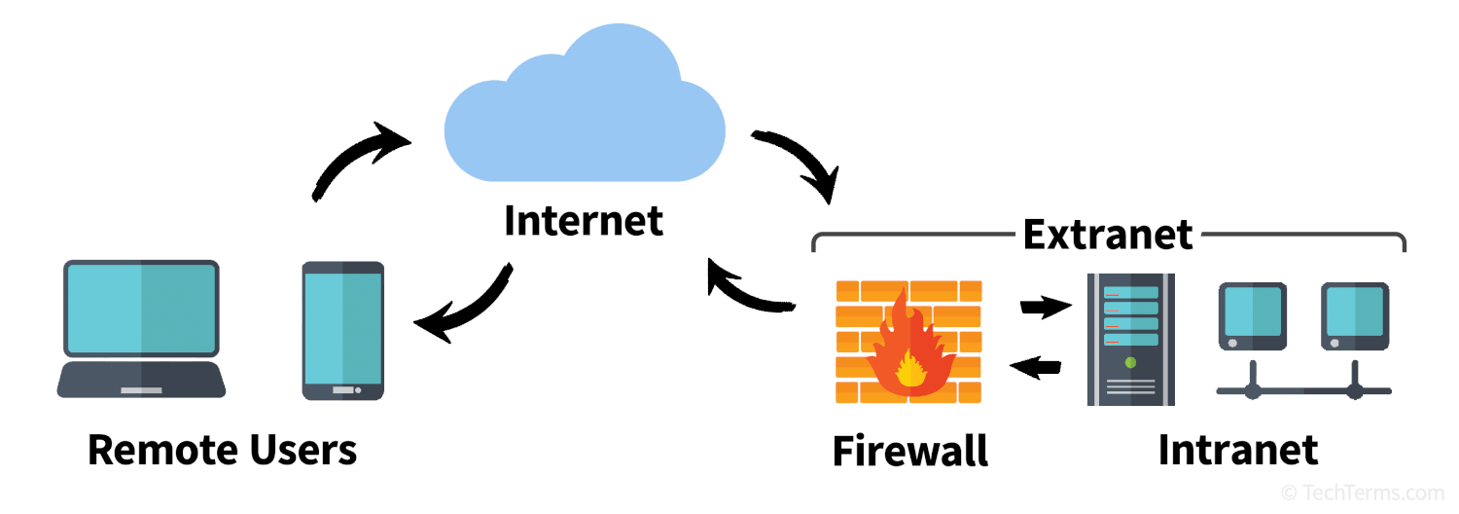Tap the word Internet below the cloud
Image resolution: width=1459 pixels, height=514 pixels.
584,220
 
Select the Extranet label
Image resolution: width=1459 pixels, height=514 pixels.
1107,235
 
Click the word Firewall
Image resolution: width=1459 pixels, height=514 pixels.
909,451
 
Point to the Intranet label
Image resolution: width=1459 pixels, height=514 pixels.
1238,450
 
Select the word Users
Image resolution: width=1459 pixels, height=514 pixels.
302,450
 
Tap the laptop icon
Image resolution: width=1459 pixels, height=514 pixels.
141,329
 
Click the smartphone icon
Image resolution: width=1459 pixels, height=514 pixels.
343,331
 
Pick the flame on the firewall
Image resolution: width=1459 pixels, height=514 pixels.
909,349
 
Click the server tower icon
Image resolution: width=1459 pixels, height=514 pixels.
1130,339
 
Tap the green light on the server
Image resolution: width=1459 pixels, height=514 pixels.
1130,363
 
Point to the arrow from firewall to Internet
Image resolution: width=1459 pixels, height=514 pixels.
742,290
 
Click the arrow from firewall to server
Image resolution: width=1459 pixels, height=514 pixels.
1046,306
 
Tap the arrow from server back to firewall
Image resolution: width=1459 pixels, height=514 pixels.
1036,367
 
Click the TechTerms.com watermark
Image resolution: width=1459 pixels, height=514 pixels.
1363,493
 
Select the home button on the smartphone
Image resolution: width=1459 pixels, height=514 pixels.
343,390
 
